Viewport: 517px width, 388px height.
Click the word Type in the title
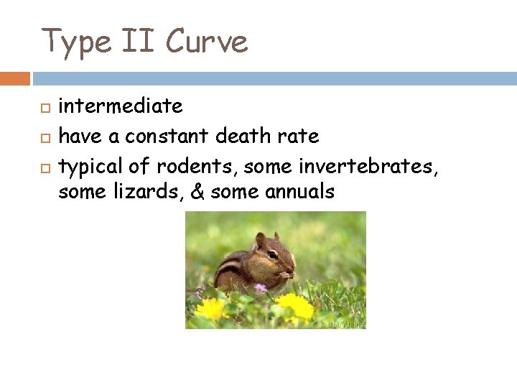74,41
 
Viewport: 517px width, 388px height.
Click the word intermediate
120,106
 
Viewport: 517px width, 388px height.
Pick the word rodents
197,167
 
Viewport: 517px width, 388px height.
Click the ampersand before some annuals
194,192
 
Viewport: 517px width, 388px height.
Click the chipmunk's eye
273,254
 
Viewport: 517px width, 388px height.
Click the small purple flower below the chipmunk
261,288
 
